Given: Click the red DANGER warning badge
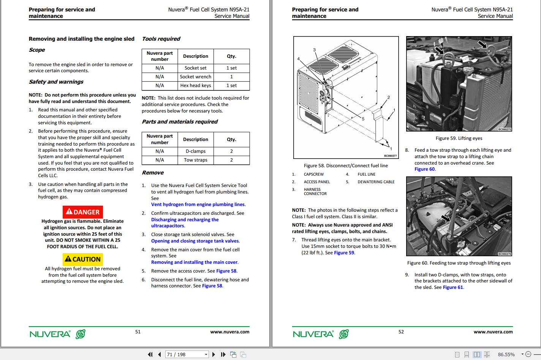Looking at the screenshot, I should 82,212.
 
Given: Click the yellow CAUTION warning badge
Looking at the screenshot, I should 82,259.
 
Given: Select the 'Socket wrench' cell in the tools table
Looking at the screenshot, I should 195,77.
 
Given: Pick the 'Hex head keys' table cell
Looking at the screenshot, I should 195,86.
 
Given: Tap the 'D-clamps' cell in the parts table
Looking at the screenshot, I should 195,151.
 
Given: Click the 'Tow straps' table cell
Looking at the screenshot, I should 195,160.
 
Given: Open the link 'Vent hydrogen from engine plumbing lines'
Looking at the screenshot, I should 198,205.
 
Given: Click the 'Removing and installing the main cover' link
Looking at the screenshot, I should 194,262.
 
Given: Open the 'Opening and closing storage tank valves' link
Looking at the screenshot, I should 195,241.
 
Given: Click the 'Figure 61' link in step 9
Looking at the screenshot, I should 453,287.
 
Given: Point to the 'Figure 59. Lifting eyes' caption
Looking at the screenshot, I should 459,138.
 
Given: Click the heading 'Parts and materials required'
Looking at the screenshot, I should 179,122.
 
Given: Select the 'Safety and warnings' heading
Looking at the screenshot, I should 56,82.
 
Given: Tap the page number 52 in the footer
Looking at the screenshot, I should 401,332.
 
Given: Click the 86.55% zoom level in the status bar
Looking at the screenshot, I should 506,354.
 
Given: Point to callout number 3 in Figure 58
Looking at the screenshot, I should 314,50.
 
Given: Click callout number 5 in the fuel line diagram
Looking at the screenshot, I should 363,119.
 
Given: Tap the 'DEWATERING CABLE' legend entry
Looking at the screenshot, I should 376,182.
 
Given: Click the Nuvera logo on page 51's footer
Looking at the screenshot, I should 57,334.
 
